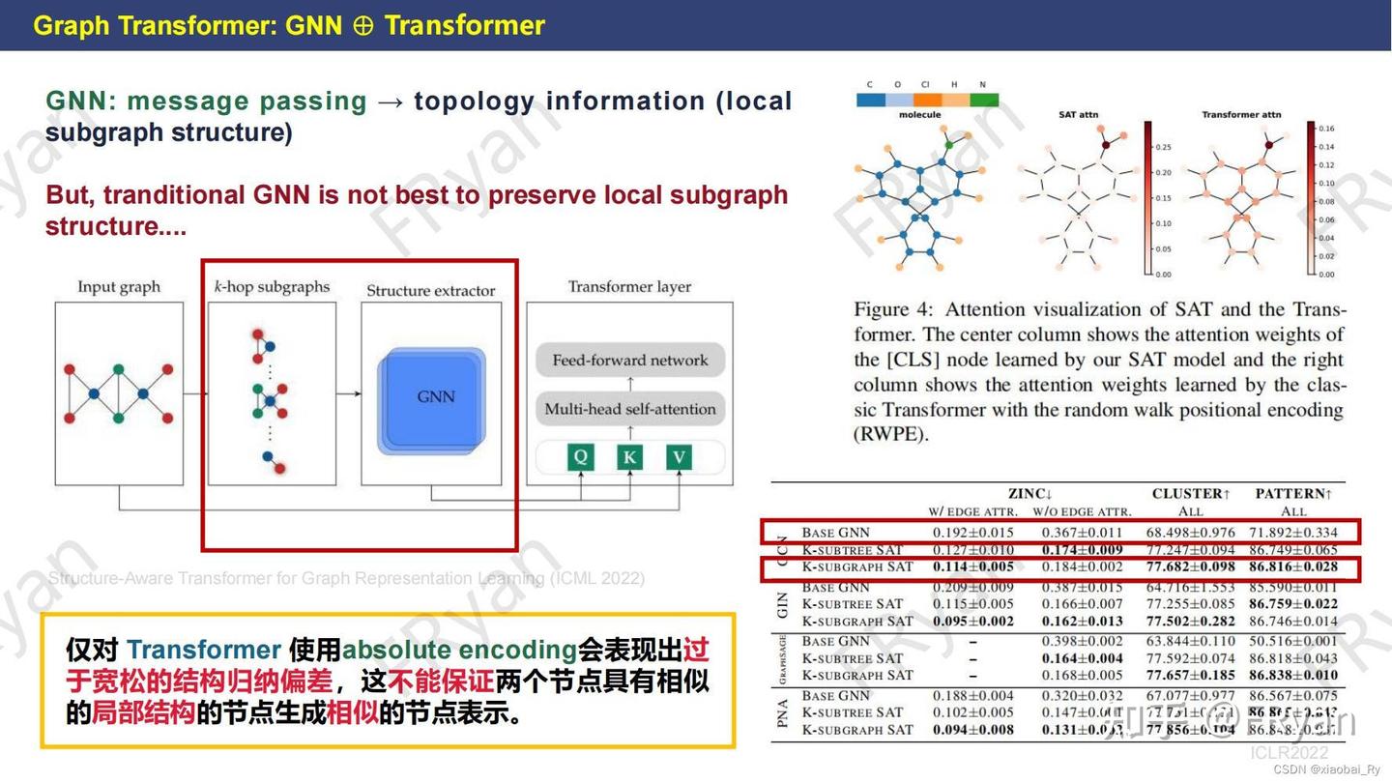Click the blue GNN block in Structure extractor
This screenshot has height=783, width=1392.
431,397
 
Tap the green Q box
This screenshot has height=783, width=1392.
580,456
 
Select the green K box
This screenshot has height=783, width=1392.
630,456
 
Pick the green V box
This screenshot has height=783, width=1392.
680,456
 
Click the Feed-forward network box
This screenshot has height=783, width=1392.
630,361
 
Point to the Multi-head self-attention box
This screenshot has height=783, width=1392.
630,409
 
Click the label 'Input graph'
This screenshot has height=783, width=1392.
119,287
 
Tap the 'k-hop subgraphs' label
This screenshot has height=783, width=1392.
272,287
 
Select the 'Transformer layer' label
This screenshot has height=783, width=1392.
629,287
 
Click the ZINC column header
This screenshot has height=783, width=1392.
1030,494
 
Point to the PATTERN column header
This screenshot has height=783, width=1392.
1293,494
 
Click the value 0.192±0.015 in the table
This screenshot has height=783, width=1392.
972,533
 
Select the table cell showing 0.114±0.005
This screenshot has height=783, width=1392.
972,567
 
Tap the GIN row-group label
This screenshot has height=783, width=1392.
783,604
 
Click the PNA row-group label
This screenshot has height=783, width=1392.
783,712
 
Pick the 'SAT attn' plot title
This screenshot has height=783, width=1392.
1078,115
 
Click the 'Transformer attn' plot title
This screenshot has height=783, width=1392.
1241,115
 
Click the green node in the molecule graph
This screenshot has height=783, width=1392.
950,145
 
